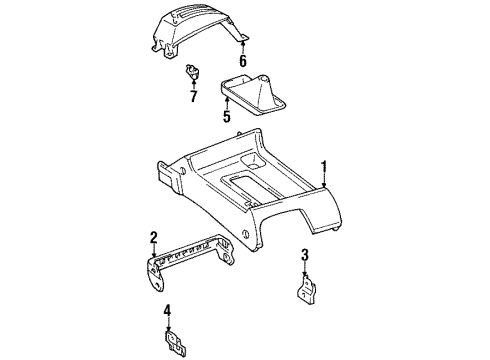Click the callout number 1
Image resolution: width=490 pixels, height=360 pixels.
click(x=324, y=166)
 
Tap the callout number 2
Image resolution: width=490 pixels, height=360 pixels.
click(x=153, y=237)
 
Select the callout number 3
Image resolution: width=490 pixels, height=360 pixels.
click(x=305, y=255)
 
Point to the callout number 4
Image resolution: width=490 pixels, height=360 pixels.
click(x=167, y=310)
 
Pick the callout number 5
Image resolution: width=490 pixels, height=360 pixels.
click(x=227, y=116)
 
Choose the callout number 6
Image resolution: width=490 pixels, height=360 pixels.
click(x=243, y=61)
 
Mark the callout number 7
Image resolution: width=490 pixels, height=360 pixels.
click(x=193, y=96)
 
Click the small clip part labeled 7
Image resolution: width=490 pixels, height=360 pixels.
click(x=192, y=71)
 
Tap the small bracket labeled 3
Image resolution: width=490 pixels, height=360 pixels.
click(x=306, y=289)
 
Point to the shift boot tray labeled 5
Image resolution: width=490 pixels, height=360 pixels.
click(x=253, y=96)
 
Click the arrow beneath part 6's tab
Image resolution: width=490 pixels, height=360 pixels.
click(x=243, y=47)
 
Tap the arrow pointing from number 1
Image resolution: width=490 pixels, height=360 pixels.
click(x=324, y=180)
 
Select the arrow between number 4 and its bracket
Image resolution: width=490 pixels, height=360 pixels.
click(x=169, y=324)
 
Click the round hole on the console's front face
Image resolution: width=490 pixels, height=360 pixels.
click(x=245, y=234)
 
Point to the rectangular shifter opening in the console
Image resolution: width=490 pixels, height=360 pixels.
click(x=248, y=187)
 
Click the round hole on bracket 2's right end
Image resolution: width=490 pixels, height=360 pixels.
click(x=226, y=257)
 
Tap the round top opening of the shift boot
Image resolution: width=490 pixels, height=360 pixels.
click(x=264, y=79)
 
